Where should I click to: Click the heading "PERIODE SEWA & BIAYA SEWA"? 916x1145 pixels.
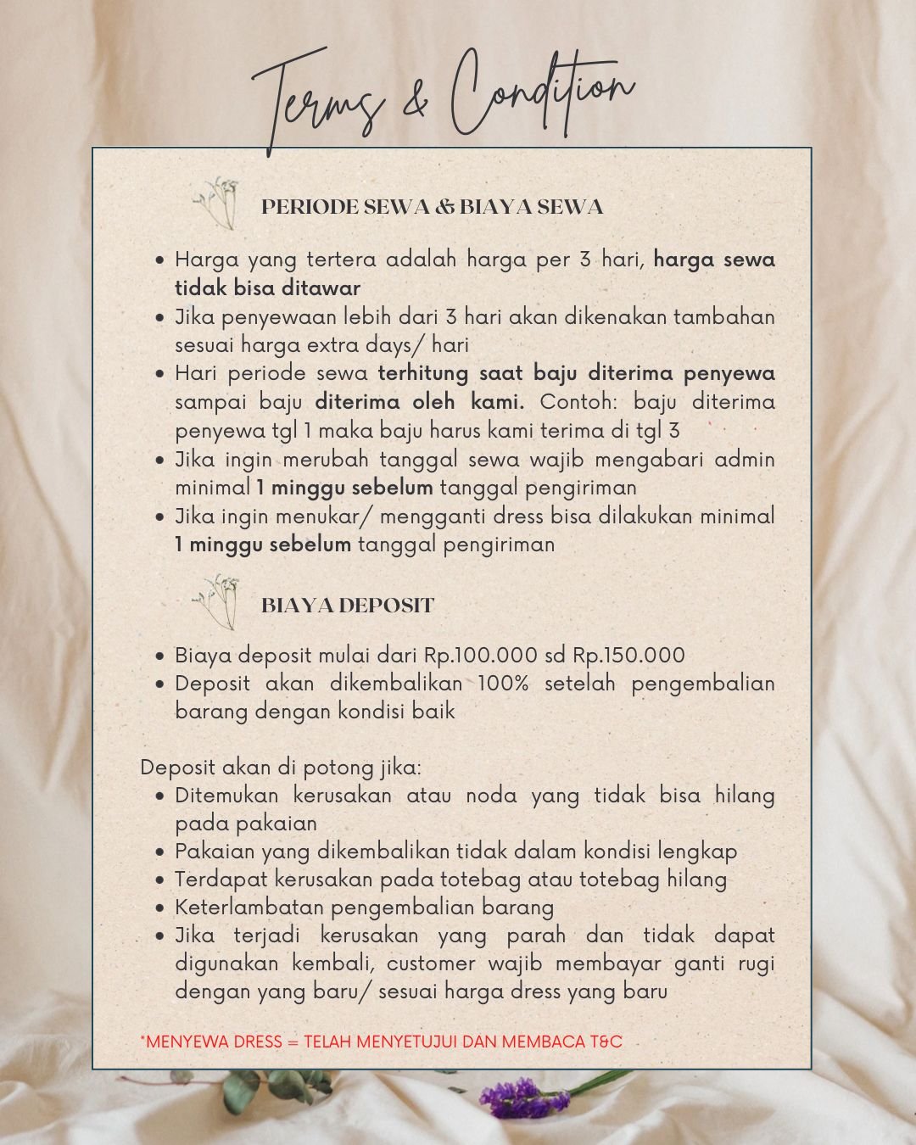pyautogui.click(x=432, y=207)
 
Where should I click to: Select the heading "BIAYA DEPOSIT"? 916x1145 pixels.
pyautogui.click(x=347, y=606)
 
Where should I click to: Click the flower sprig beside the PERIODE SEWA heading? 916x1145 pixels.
pyautogui.click(x=218, y=204)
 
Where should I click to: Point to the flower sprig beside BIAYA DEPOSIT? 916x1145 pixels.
pyautogui.click(x=218, y=600)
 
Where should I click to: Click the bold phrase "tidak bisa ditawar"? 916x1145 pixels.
pyautogui.click(x=267, y=288)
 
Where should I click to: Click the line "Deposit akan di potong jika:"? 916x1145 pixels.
pyautogui.click(x=281, y=768)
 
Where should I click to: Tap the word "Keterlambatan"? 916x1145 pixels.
pyautogui.click(x=249, y=908)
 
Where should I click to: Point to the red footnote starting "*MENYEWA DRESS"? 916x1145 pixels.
pyautogui.click(x=381, y=1042)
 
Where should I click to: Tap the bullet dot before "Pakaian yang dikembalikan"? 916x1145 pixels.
pyautogui.click(x=160, y=852)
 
